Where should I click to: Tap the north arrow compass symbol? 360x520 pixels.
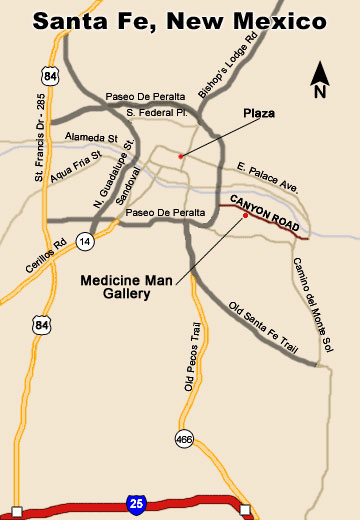click(320, 79)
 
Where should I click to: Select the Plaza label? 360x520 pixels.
click(259, 115)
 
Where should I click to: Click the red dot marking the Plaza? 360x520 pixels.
click(180, 156)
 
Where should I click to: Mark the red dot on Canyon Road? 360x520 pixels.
click(245, 215)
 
